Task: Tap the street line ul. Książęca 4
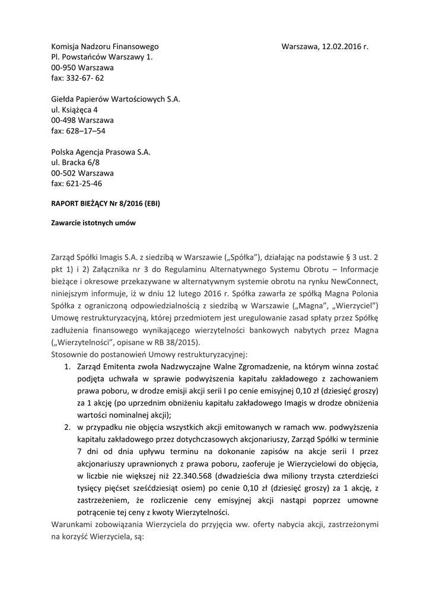(x=75, y=109)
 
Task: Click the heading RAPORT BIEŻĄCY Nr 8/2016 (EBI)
(x=106, y=203)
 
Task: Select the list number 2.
(x=68, y=427)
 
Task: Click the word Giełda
(x=64, y=98)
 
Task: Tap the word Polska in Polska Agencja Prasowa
(x=62, y=152)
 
